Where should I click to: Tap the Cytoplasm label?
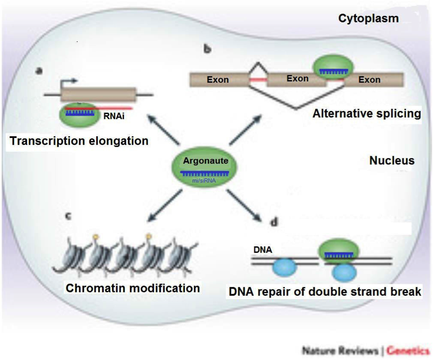pos(368,19)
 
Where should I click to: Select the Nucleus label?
pos(392,160)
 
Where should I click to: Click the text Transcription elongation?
pos(79,141)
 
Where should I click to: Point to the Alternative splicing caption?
pos(366,114)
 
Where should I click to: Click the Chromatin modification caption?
pos(133,288)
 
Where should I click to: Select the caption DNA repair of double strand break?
pos(325,292)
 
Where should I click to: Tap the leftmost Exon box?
pos(218,80)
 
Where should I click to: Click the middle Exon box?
pos(297,79)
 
